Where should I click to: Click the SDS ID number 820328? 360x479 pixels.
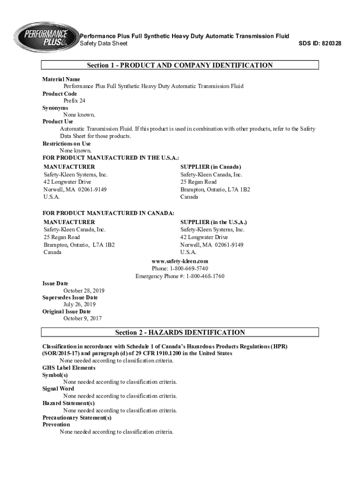[330, 44]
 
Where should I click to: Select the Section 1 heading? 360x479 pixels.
[180, 65]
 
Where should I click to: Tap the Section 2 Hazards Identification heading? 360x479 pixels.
[180, 333]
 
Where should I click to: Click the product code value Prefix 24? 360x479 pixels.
[74, 101]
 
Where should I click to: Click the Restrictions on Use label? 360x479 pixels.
[66, 144]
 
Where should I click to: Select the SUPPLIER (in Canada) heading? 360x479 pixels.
[211, 167]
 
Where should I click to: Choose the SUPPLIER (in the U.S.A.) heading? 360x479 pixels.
[214, 222]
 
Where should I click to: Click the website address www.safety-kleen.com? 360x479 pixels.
[180, 261]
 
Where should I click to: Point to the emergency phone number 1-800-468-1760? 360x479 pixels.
[205, 276]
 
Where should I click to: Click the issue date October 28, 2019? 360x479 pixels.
[84, 290]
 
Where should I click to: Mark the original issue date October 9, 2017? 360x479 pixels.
[83, 319]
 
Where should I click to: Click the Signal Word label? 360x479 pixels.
[58, 389]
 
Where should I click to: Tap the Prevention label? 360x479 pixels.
[56, 425]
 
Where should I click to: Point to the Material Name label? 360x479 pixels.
[61, 80]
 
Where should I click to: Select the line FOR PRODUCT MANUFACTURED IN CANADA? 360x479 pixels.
[108, 213]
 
